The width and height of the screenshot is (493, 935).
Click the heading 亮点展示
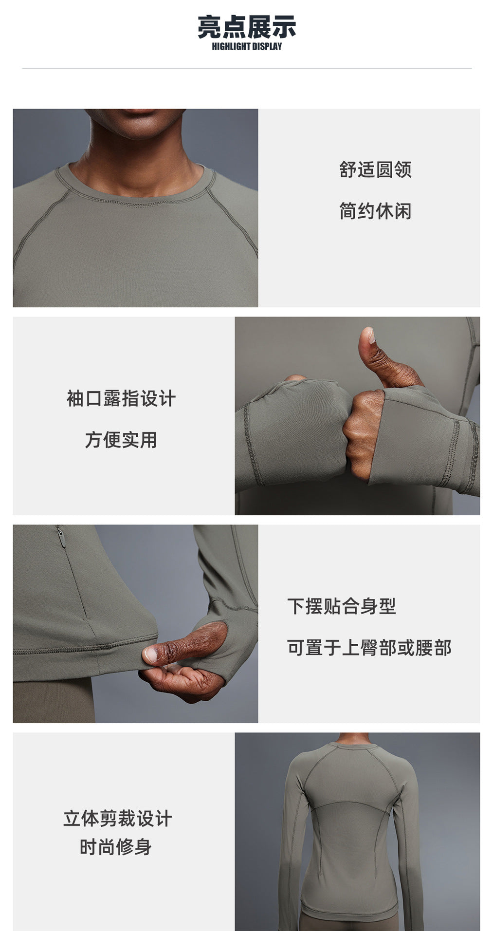[x=247, y=27]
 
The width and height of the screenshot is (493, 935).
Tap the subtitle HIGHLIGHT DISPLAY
[x=247, y=47]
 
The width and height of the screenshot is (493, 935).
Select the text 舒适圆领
[x=375, y=169]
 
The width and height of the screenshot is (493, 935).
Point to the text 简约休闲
[x=375, y=211]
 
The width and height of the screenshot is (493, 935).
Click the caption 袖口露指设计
[x=121, y=398]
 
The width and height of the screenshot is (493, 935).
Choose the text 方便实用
[x=121, y=440]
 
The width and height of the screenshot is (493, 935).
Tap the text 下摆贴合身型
[x=341, y=606]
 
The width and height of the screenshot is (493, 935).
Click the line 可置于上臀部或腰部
[x=369, y=648]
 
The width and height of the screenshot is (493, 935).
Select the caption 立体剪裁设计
[x=117, y=819]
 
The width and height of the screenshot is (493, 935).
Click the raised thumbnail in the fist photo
[x=368, y=335]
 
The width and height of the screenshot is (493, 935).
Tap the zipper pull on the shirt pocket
[x=61, y=537]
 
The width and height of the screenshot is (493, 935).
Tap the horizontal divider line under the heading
[x=247, y=69]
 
